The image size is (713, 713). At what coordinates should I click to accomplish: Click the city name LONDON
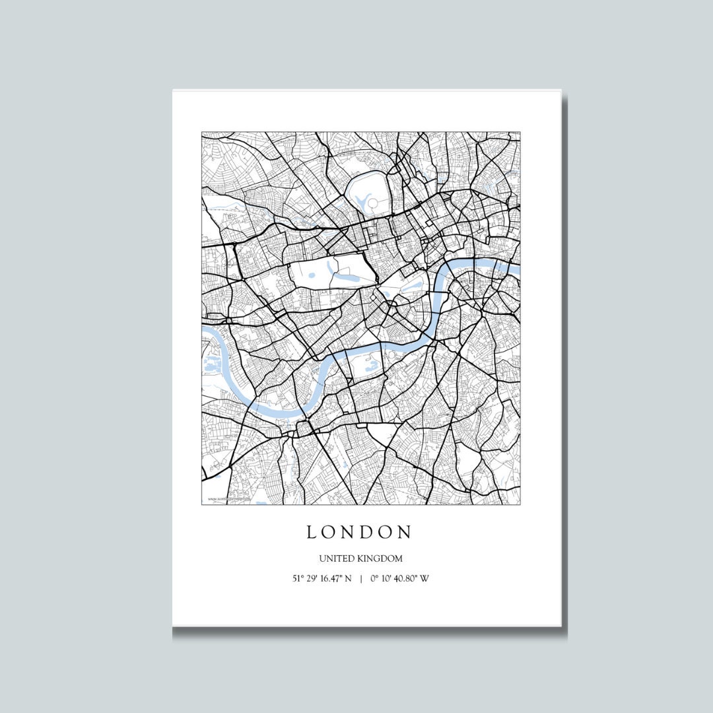click(x=359, y=532)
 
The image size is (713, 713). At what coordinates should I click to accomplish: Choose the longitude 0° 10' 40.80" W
click(x=400, y=579)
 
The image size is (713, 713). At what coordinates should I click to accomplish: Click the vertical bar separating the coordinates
click(x=361, y=579)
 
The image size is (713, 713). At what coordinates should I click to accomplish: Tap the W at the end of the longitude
click(x=425, y=579)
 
